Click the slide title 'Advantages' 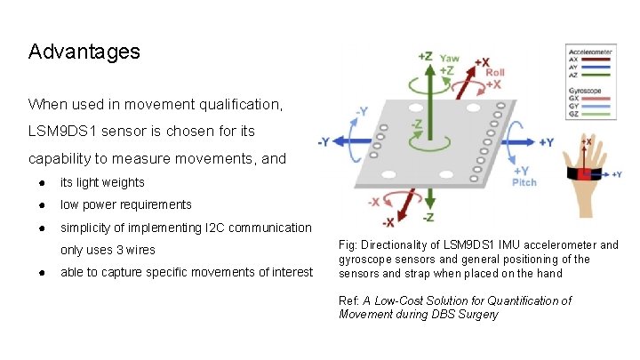(84, 52)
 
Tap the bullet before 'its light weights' (42, 182)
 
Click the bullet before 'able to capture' (42, 272)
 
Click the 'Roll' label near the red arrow (497, 74)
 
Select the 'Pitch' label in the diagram (524, 181)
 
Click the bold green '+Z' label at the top (426, 55)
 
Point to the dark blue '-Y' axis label (327, 141)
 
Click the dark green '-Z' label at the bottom (428, 217)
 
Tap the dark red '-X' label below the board (388, 221)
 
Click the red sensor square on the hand (584, 173)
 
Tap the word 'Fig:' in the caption (348, 244)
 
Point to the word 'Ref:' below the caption (349, 300)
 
